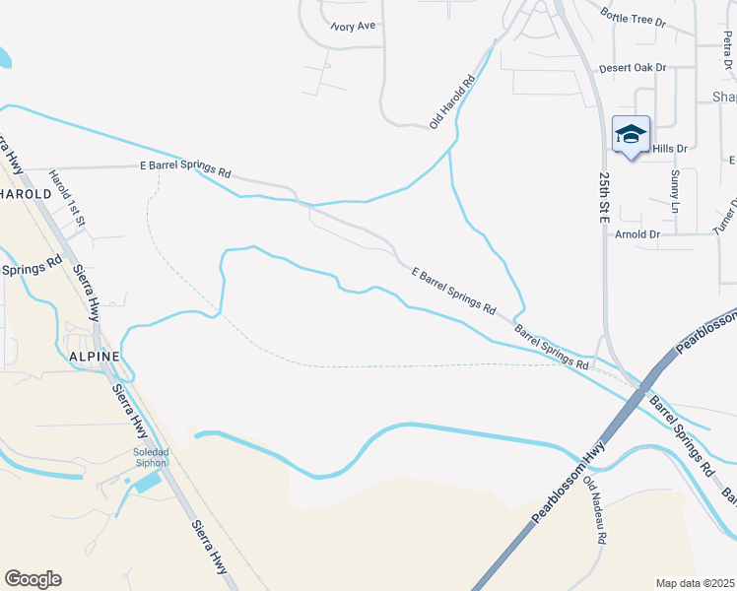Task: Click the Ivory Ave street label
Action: (x=353, y=26)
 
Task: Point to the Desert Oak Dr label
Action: (x=633, y=68)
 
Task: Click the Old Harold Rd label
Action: (x=452, y=99)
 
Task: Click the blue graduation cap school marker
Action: (x=631, y=135)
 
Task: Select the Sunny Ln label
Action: (x=675, y=191)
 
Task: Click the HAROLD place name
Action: (x=25, y=194)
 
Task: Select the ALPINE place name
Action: (x=94, y=356)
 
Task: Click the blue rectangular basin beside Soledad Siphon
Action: (x=147, y=483)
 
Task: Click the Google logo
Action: (x=33, y=579)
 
